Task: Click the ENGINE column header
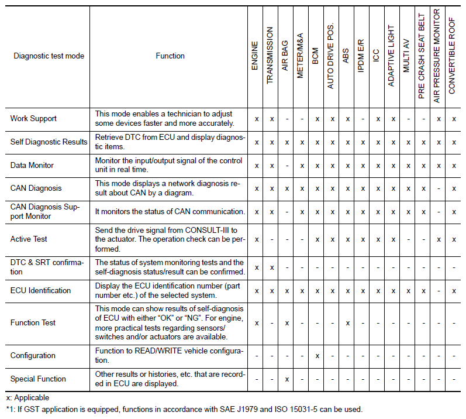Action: (255, 56)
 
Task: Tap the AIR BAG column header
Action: (285, 56)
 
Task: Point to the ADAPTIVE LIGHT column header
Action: (391, 56)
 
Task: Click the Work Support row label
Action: (33, 118)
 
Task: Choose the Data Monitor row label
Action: (32, 165)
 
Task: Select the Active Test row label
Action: (29, 239)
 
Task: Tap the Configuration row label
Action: (33, 355)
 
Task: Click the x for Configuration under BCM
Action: (317, 355)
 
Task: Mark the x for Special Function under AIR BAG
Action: (286, 379)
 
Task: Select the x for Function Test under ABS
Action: (347, 322)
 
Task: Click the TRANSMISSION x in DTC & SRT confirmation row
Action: (271, 267)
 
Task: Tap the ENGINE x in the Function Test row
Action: (256, 322)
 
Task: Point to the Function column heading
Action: (170, 56)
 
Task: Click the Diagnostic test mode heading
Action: (49, 56)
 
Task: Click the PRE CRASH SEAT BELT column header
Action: (422, 56)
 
